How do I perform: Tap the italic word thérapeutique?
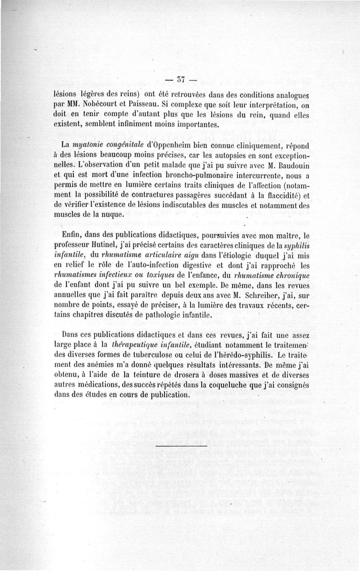point(130,345)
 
